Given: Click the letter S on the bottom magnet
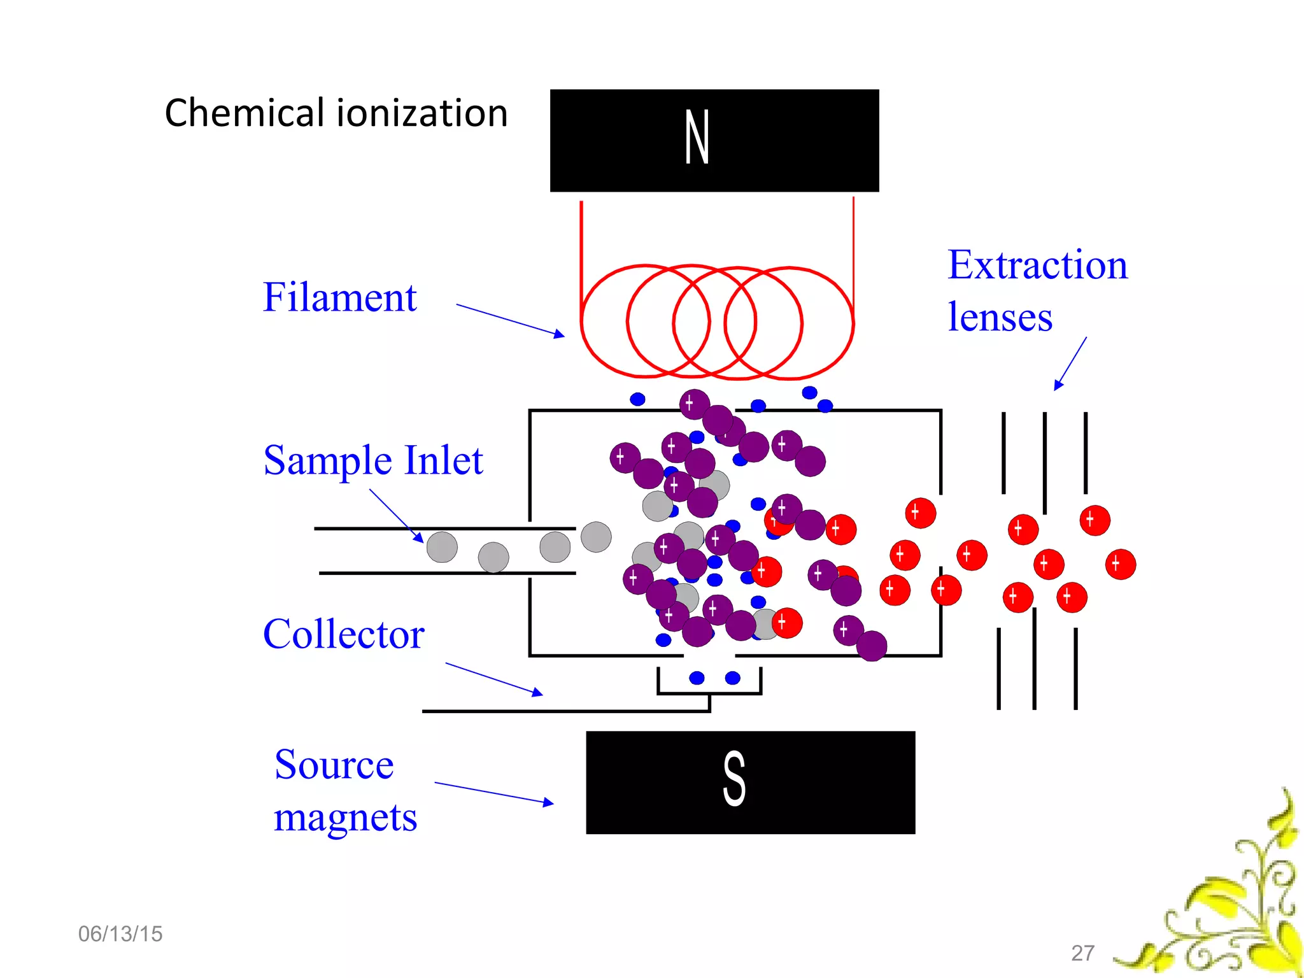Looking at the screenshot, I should coord(733,778).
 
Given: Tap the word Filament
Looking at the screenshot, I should coord(339,297).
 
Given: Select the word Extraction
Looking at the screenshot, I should coord(1037,265).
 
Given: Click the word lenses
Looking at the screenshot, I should coord(1000,317).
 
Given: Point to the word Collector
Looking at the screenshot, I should coord(343,634).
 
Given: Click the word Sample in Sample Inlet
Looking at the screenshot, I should coord(327,461).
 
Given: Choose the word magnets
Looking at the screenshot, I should coord(345,818).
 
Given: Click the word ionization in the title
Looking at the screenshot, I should coord(422,113).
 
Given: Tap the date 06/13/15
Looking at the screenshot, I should coord(120,934).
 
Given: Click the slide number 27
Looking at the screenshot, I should coord(1082,953).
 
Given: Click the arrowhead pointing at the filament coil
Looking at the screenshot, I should coord(558,334).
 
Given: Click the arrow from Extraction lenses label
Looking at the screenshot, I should coord(1070,363).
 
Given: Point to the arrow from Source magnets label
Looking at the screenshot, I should coord(493,793).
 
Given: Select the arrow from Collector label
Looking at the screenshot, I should coord(493,679).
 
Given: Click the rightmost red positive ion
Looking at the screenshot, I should coord(1120,564).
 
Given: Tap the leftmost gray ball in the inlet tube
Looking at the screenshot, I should coord(442,547).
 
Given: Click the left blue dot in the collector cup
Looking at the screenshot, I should coord(697,677).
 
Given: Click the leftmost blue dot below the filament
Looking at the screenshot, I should coord(637,399).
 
